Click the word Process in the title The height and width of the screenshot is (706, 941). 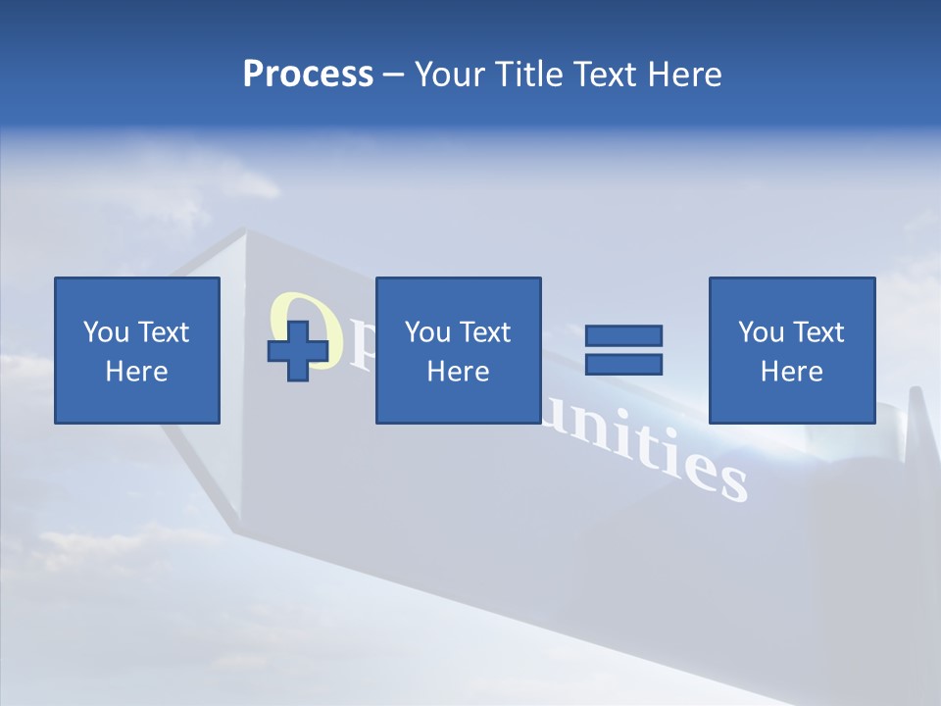(x=308, y=75)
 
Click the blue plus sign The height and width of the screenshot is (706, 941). (x=298, y=350)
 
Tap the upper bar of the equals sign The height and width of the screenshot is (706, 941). (x=623, y=335)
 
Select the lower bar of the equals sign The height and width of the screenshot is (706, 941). (x=623, y=364)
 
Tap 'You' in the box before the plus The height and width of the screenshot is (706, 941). (x=106, y=332)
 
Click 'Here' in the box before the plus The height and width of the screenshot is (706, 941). (x=137, y=372)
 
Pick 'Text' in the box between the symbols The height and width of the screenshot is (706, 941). (x=485, y=332)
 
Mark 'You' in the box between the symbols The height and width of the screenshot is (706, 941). (x=427, y=332)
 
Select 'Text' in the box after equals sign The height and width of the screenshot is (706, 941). (x=818, y=332)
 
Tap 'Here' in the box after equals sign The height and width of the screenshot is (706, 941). (x=792, y=372)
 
